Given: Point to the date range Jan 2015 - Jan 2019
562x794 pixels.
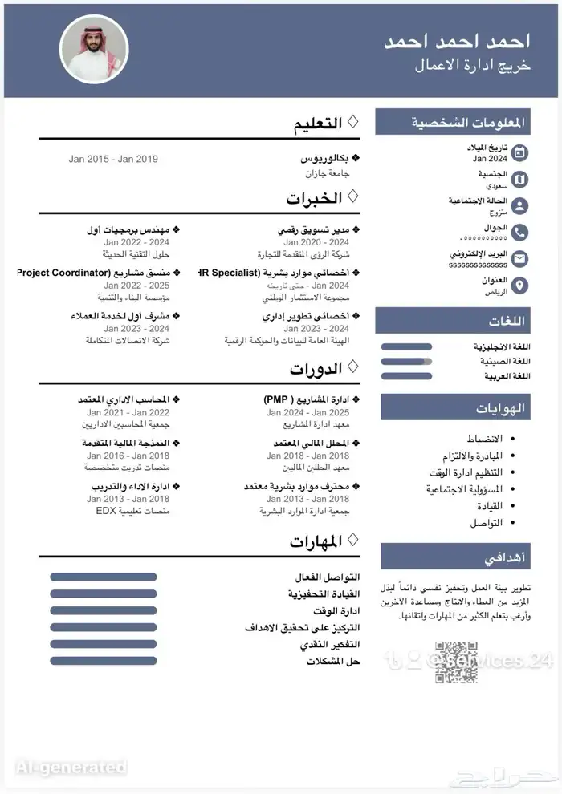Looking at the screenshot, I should coord(113,159).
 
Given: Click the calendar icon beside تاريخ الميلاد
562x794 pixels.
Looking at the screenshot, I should coord(520,152).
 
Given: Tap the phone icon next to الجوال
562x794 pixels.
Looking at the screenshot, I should coord(520,233).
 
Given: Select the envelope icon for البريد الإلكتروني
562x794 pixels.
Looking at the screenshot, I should coord(520,258).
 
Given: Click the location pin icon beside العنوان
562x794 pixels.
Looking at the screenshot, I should coord(520,286).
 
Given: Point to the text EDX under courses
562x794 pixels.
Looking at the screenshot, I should coord(107,510).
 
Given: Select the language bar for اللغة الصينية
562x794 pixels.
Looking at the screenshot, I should coord(406,361).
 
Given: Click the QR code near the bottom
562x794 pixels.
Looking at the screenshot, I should coord(451,662).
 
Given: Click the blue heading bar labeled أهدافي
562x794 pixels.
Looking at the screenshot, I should coord(455,556).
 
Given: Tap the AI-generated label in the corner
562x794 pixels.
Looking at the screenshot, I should coord(71,768).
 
